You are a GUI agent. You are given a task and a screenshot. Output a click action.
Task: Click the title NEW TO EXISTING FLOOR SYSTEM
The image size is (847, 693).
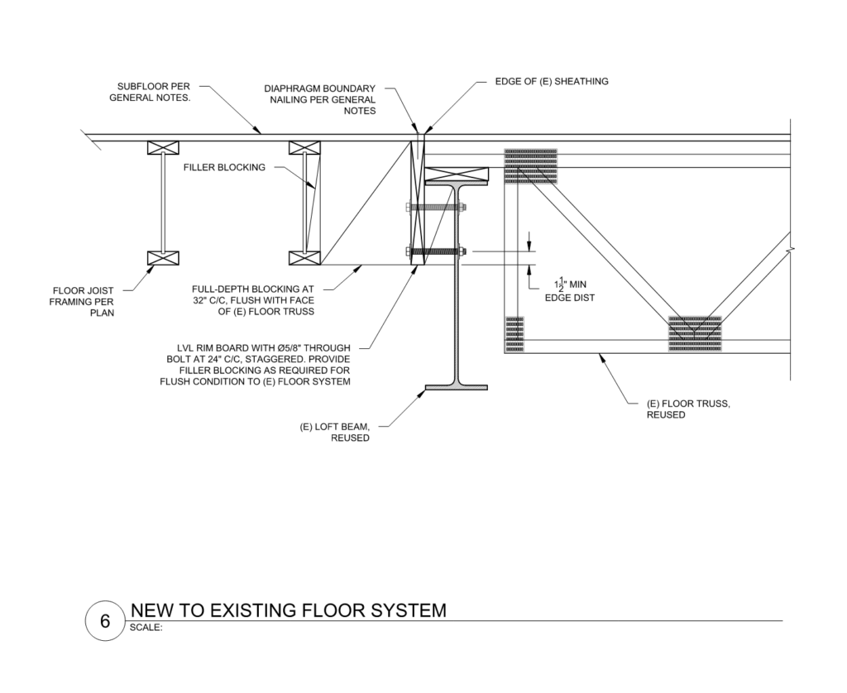click(x=289, y=610)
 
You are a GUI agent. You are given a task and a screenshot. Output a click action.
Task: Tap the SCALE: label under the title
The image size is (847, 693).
click(x=147, y=627)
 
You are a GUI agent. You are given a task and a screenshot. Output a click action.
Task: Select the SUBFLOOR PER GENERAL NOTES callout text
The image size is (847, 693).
click(x=151, y=92)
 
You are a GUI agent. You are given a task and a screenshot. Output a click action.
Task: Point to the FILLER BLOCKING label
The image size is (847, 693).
click(x=224, y=167)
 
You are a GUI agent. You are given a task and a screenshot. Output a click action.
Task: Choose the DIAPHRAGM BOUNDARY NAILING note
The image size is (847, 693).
click(x=320, y=99)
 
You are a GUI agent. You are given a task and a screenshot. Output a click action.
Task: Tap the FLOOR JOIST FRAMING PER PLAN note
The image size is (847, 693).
click(x=84, y=302)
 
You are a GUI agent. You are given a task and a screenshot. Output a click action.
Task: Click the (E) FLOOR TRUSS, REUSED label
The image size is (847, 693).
click(x=688, y=409)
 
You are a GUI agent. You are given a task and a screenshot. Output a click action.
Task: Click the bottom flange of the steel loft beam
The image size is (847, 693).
click(x=456, y=387)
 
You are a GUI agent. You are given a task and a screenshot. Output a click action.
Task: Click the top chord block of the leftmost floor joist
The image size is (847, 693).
click(x=164, y=148)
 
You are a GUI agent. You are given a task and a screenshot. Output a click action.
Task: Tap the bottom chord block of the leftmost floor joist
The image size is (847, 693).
click(x=164, y=257)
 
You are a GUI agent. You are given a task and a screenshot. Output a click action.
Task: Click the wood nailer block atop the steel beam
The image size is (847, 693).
click(x=456, y=174)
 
